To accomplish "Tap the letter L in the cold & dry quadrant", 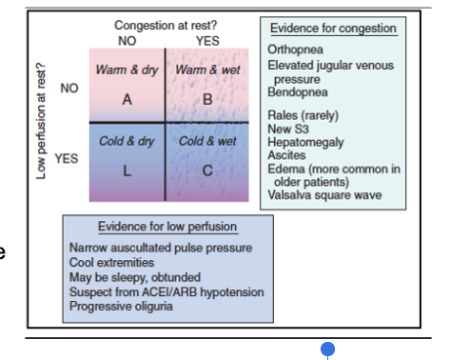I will click(x=126, y=170).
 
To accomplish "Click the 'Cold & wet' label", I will click(x=206, y=142).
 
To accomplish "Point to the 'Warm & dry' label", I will click(x=126, y=71).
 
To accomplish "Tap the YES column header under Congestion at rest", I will click(x=206, y=41).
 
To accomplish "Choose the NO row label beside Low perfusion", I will click(x=69, y=88).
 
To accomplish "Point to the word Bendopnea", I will click(x=301, y=92).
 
